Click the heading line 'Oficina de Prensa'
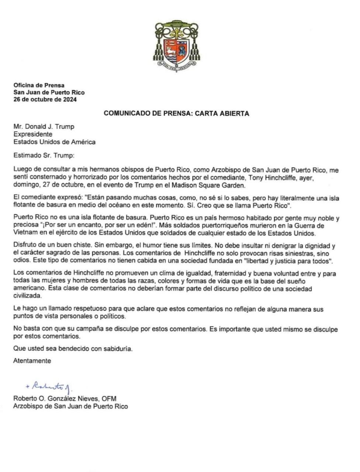click(39, 85)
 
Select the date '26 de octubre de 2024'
click(45, 100)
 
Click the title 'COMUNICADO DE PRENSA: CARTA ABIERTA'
click(176, 113)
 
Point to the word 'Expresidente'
click(33, 134)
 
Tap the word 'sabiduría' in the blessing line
click(116, 348)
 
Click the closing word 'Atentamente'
click(32, 361)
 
